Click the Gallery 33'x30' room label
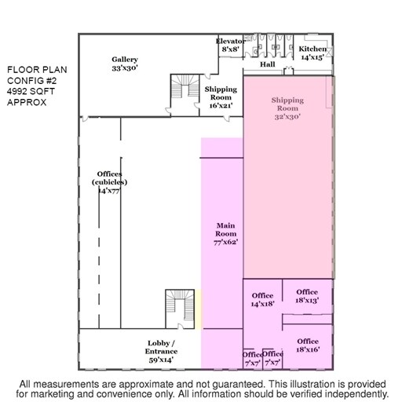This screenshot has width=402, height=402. pos(125,64)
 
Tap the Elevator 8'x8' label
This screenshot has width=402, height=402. pos(231,45)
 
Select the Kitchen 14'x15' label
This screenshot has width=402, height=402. pos(312,53)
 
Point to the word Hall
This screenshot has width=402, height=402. pos(267,64)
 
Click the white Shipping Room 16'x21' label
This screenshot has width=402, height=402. pos(221,97)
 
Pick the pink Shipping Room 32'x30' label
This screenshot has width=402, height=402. pos(287,108)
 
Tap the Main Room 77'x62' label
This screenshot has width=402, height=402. pos(225,233)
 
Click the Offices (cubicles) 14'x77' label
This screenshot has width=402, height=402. pos(110,182)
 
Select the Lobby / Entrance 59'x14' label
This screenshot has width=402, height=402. pos(161,352)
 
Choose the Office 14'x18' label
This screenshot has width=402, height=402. pos(262,300)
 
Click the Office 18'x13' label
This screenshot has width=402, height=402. pos(307,296)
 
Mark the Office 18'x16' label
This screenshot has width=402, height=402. pos(308,345)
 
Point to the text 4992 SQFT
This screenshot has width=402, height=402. pos(31,91)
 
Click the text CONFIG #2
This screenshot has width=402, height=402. pos(31,81)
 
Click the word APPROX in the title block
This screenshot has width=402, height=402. pos(27,102)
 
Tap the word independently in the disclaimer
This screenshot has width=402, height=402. pos(356,394)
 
